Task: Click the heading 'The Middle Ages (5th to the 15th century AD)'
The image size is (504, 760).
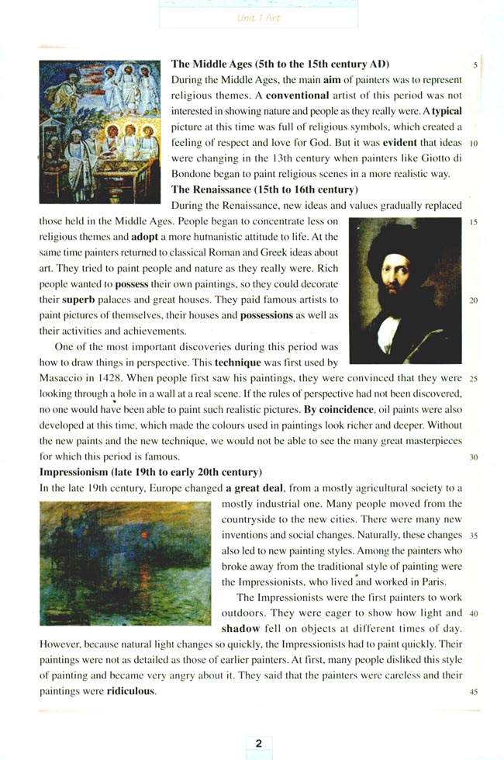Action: (280, 64)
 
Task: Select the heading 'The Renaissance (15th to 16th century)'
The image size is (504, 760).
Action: (264, 189)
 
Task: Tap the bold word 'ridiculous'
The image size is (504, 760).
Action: (131, 690)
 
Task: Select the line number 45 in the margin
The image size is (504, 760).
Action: (473, 691)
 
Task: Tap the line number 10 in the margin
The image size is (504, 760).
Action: (473, 144)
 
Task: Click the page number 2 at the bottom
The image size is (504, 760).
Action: (258, 743)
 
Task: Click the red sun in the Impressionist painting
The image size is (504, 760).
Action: (143, 535)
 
